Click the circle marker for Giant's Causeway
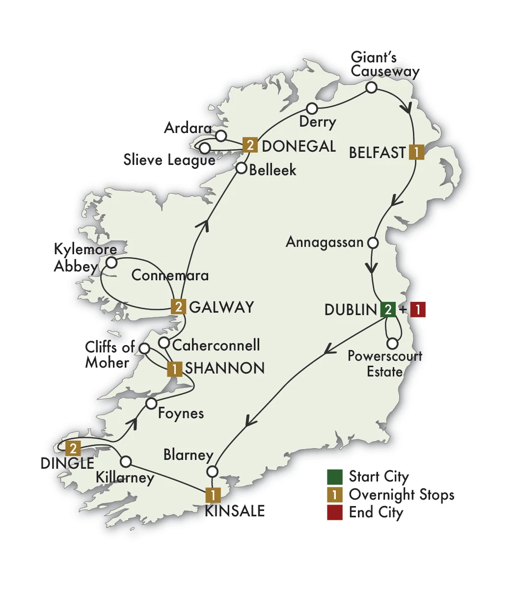[x=372, y=88]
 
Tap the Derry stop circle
[x=312, y=108]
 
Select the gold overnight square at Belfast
[x=416, y=152]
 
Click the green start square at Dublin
[x=387, y=310]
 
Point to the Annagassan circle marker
[x=373, y=242]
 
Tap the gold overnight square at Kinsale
[x=213, y=494]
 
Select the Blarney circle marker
[x=212, y=472]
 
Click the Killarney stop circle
[x=126, y=462]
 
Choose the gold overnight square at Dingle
[x=73, y=448]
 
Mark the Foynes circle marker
[x=151, y=404]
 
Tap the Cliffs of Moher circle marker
[x=144, y=348]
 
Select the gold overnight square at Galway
[x=178, y=307]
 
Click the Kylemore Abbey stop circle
[x=111, y=263]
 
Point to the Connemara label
[x=170, y=275]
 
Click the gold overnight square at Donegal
[x=250, y=145]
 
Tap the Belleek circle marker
[x=241, y=168]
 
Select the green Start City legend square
[x=334, y=477]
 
